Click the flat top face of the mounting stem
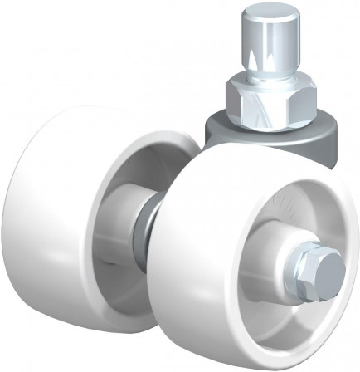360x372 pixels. [x=265, y=14]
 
